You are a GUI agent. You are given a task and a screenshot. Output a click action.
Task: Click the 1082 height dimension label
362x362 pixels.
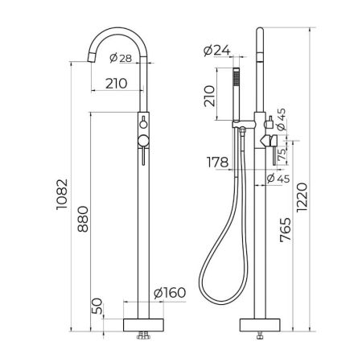point(62,194)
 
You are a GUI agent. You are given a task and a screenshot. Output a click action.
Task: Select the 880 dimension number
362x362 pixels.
point(83,219)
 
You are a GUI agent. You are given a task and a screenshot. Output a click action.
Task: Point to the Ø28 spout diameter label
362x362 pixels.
point(121,58)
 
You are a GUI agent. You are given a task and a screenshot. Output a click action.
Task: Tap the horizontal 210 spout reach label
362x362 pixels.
point(117,84)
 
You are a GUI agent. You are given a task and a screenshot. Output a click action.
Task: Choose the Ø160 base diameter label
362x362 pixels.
point(170,293)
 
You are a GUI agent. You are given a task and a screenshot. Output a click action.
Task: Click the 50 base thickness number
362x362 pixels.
point(97,306)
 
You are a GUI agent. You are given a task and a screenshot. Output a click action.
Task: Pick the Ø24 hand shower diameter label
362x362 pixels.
point(216,51)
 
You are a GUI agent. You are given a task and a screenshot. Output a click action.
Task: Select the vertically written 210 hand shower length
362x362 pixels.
point(209,96)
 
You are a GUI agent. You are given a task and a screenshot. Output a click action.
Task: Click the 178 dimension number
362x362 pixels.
point(217,162)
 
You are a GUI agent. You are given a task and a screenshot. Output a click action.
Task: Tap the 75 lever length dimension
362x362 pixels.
point(282,155)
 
